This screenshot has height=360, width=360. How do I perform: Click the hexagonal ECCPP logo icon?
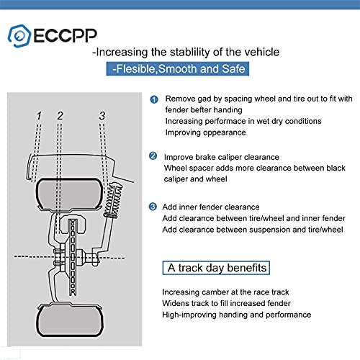[x=19, y=34]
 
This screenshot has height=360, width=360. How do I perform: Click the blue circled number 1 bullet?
[x=153, y=100]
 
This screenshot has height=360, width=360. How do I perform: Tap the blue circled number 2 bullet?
[x=153, y=156]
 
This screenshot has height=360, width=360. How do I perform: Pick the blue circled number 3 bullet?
[x=153, y=207]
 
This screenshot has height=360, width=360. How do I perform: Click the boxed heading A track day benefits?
[x=217, y=268]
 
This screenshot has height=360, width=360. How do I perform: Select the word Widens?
[x=177, y=303]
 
